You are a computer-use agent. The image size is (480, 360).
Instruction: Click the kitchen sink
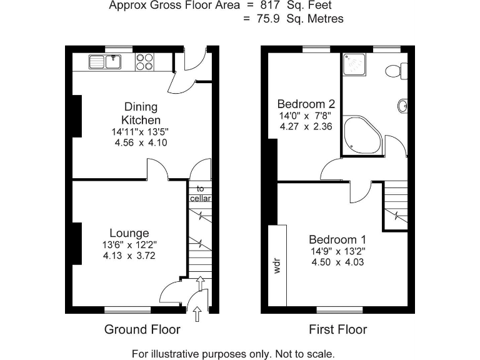[104, 61]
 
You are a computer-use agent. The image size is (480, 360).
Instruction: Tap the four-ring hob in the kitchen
[144, 61]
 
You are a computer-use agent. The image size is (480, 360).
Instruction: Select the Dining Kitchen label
[141, 113]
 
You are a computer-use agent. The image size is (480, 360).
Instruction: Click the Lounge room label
[130, 233]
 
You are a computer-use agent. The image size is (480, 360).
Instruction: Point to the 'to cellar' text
[201, 193]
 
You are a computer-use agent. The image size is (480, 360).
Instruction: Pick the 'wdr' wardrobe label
[276, 266]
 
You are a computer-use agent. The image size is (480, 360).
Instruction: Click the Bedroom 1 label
[337, 239]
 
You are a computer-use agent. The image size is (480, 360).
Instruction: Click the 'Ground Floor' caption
[142, 329]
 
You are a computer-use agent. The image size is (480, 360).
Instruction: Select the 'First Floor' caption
[338, 329]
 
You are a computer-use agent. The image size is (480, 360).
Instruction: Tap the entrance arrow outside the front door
[198, 312]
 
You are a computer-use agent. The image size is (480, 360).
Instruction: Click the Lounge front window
[127, 309]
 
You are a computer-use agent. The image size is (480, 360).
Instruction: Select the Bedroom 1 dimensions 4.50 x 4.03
[337, 262]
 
